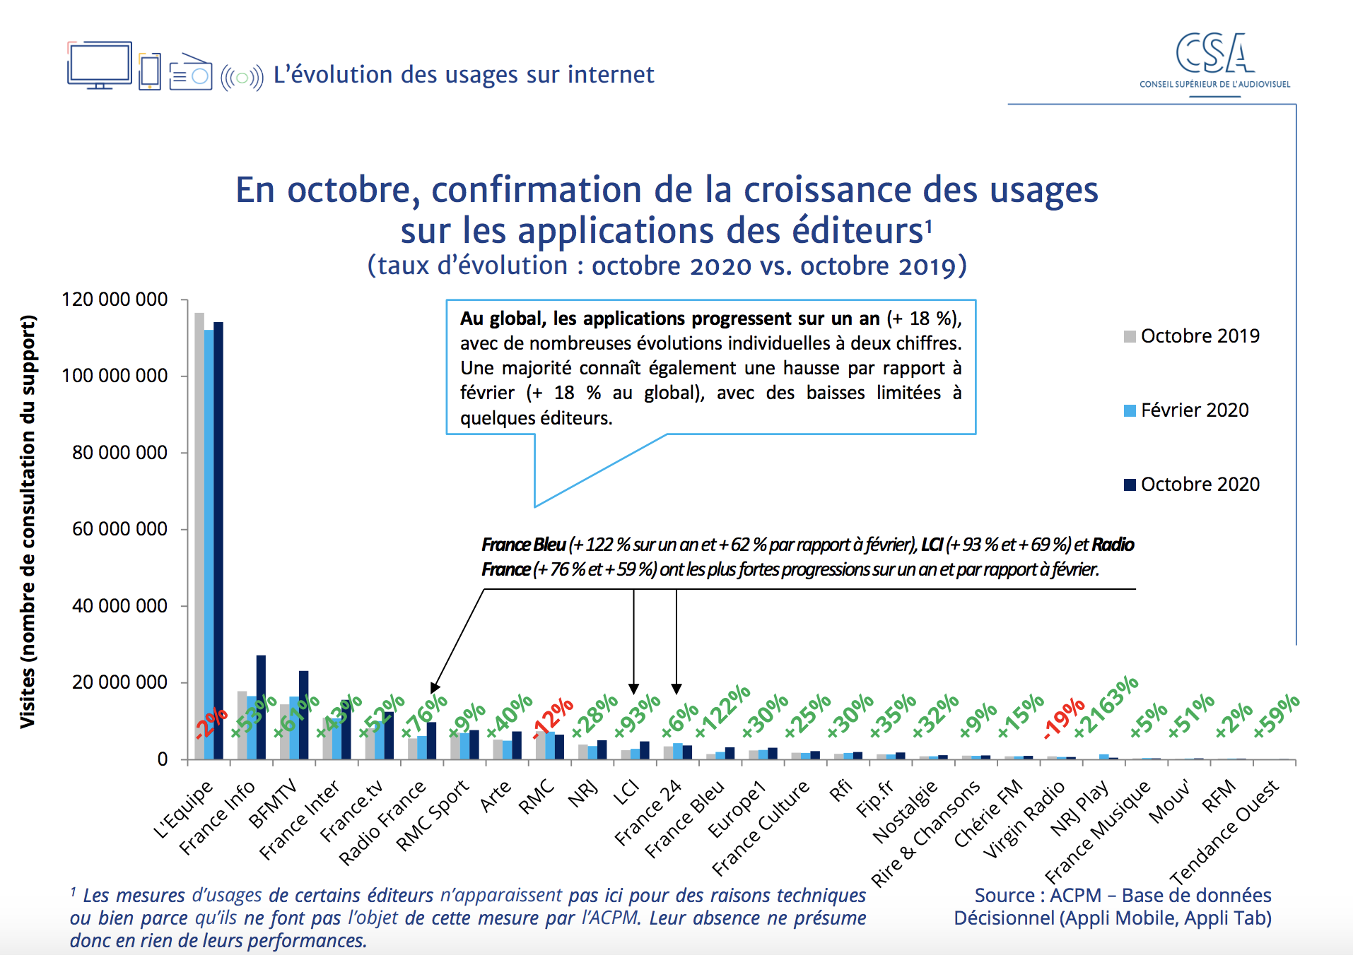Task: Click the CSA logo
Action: pos(1214,61)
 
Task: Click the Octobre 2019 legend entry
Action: pos(1199,336)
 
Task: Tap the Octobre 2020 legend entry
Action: pos(1199,485)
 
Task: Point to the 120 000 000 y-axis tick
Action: pos(115,299)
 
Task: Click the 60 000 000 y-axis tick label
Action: pos(119,529)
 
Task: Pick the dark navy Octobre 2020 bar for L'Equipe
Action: pos(218,540)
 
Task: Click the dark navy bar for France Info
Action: pos(261,706)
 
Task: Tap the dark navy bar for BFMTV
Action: pos(303,715)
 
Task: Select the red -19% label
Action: pos(1065,718)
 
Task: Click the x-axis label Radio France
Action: pos(382,823)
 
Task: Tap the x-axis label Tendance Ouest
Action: pos(1224,832)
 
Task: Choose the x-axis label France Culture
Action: pos(760,827)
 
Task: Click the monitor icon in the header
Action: pos(100,65)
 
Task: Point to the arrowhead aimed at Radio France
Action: pos(434,688)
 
